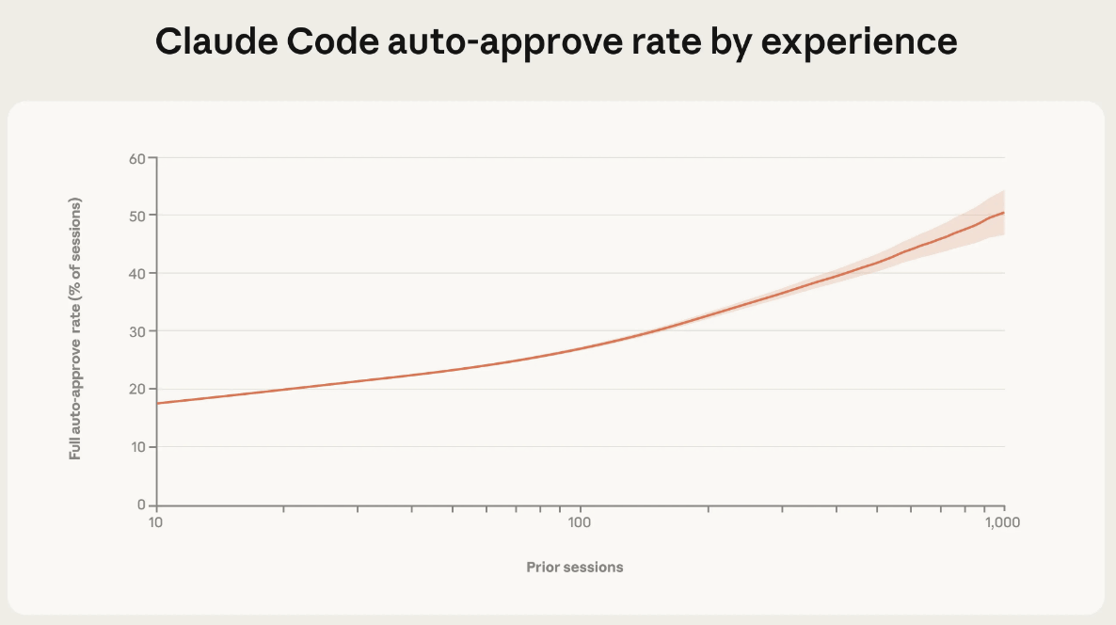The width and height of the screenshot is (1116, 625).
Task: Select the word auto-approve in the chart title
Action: [x=498, y=42]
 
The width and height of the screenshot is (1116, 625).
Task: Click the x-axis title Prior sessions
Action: [x=574, y=567]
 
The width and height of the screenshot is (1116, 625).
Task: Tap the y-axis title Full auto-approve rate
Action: [x=74, y=329]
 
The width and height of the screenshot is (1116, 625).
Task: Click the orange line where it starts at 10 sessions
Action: [x=158, y=403]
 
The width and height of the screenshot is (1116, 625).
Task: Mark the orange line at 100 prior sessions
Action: [x=581, y=349]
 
